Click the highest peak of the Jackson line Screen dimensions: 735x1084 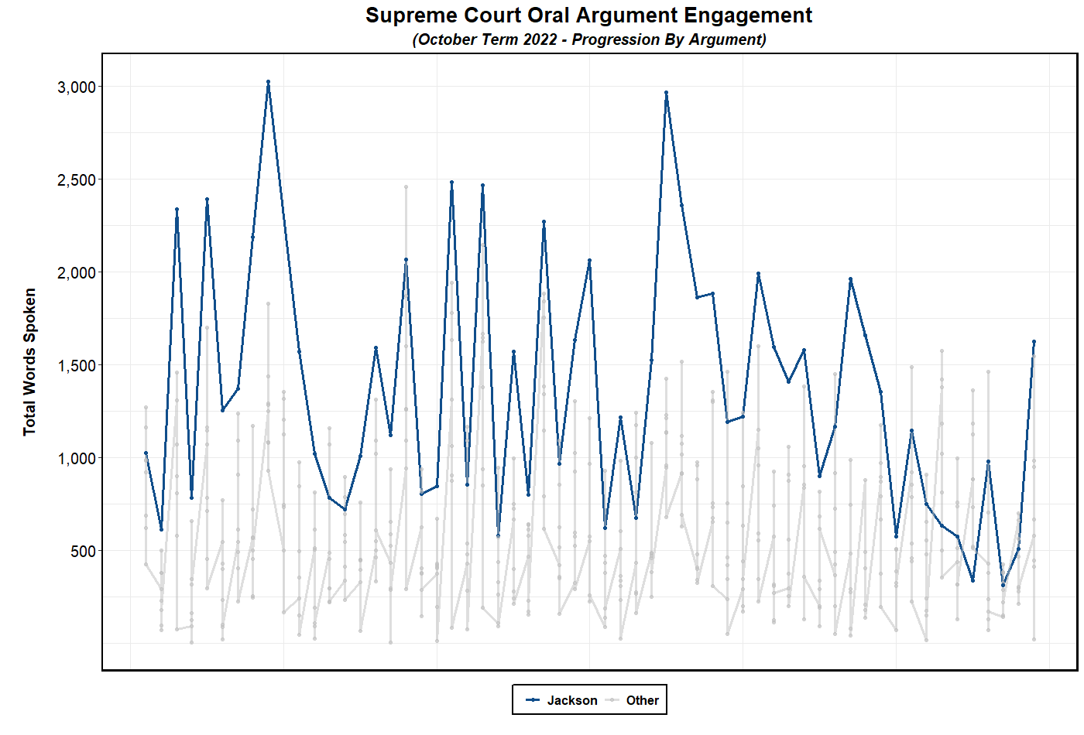point(268,81)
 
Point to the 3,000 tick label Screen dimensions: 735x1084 point(77,87)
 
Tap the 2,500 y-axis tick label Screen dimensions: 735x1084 point(77,180)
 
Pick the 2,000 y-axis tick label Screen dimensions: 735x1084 point(77,273)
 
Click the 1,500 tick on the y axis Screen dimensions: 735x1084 point(77,366)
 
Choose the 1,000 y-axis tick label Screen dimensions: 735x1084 point(77,459)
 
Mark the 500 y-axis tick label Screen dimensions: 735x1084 point(83,552)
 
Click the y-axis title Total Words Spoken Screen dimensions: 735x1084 point(30,362)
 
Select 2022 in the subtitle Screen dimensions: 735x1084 point(540,39)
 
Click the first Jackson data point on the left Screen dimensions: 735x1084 point(146,453)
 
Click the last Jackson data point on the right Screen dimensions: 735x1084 point(1034,341)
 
